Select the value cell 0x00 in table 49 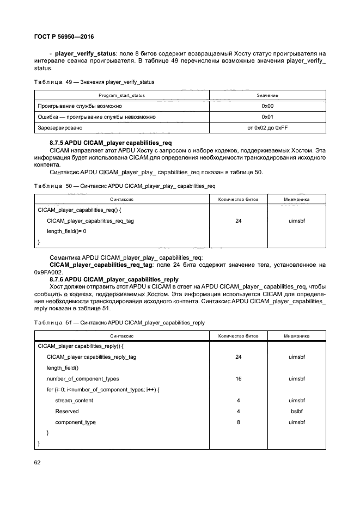tap(267, 106)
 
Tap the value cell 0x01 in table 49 tap(267, 116)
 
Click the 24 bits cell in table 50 tap(238, 220)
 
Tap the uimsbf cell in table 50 tap(297, 220)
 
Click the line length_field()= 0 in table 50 tap(66, 231)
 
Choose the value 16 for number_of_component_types tap(238, 378)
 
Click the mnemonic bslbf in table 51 tap(297, 411)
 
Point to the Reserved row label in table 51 tap(67, 411)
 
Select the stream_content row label tap(74, 400)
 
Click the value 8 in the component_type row tap(238, 422)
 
